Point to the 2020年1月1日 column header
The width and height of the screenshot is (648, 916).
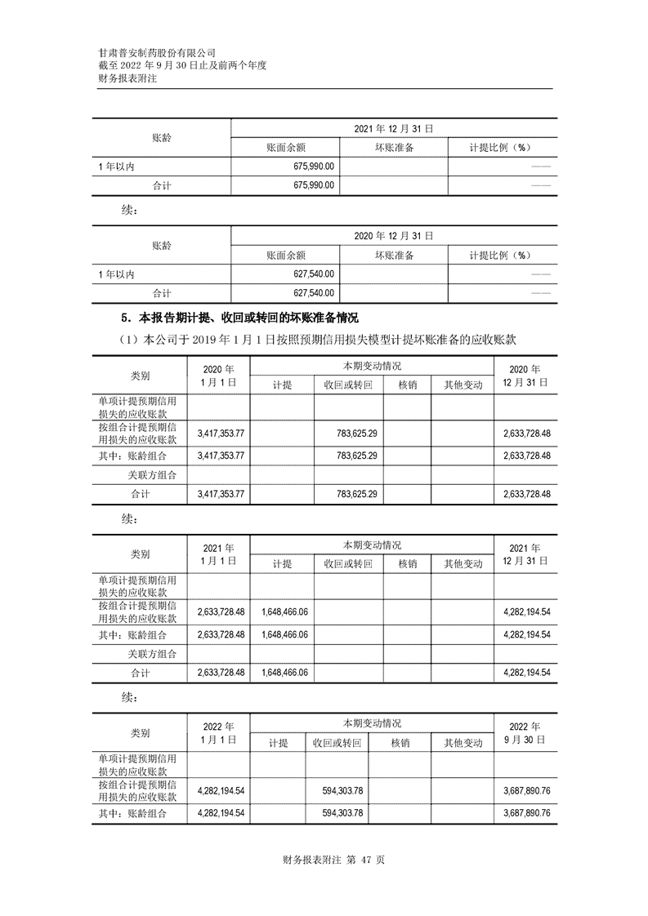(218, 375)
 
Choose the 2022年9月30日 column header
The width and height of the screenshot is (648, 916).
(525, 732)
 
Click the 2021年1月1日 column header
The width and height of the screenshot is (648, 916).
(218, 554)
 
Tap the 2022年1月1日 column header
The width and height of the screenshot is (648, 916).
(218, 732)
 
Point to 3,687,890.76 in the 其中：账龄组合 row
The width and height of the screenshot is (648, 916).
(524, 813)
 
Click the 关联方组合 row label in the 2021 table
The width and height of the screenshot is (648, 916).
(152, 653)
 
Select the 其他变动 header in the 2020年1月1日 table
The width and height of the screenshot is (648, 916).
(463, 385)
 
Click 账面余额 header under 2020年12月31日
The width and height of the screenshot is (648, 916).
(286, 255)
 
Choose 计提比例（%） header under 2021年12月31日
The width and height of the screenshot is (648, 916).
(501, 147)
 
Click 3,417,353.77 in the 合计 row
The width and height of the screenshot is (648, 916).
(222, 494)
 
